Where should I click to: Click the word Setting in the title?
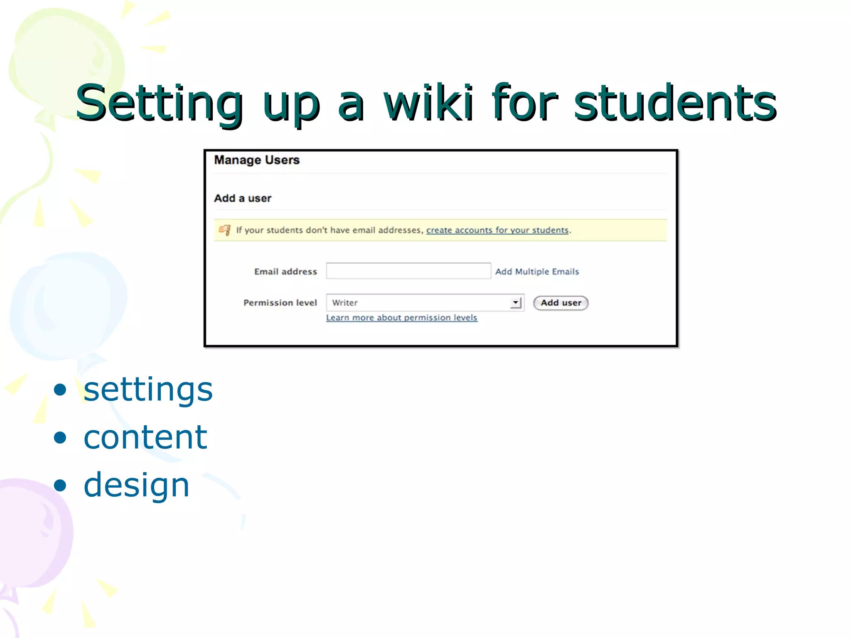click(160, 104)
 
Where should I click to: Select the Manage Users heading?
click(257, 160)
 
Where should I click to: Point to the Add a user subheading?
click(243, 198)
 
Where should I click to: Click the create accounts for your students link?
click(497, 230)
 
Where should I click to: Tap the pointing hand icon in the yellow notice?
click(225, 230)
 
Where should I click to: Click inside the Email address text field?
click(408, 271)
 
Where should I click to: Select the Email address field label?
click(285, 272)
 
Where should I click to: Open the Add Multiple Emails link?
click(537, 272)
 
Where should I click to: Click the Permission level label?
click(280, 303)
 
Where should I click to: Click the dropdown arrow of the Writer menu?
click(516, 303)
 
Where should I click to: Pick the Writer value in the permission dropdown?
click(345, 303)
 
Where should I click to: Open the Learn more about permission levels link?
click(401, 318)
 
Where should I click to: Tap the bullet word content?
click(145, 437)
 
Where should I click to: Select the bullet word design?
click(136, 485)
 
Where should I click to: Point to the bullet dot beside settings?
click(60, 390)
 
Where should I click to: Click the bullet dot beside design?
click(60, 485)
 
